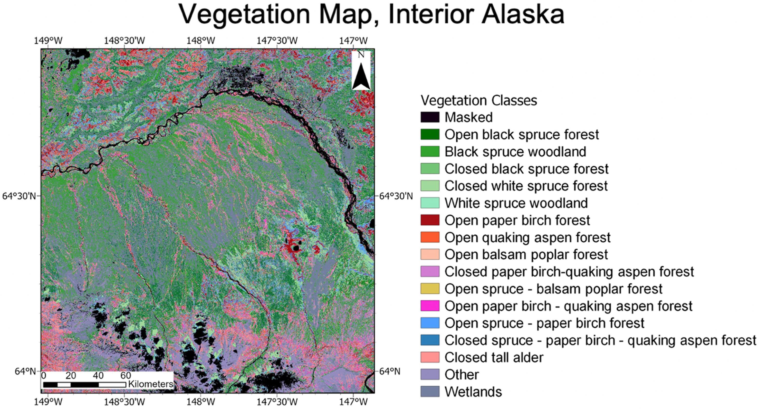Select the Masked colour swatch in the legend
pyautogui.click(x=430, y=117)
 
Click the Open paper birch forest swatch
pyautogui.click(x=430, y=220)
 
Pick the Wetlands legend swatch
pyautogui.click(x=430, y=392)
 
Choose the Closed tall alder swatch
pyautogui.click(x=430, y=357)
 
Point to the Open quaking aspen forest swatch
pyautogui.click(x=430, y=237)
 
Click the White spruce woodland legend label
pyautogui.click(x=516, y=203)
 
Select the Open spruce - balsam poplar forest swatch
pyautogui.click(x=430, y=289)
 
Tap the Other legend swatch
pyautogui.click(x=430, y=375)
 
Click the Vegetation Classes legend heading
pyautogui.click(x=479, y=100)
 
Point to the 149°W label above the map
pyautogui.click(x=48, y=41)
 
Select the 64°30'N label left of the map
pyautogui.click(x=19, y=196)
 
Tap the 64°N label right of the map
pyautogui.click(x=389, y=371)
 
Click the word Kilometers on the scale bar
pyautogui.click(x=151, y=384)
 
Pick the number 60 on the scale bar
pyautogui.click(x=126, y=375)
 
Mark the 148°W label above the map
pyautogui.click(x=201, y=41)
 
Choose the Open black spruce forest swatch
pyautogui.click(x=430, y=134)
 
